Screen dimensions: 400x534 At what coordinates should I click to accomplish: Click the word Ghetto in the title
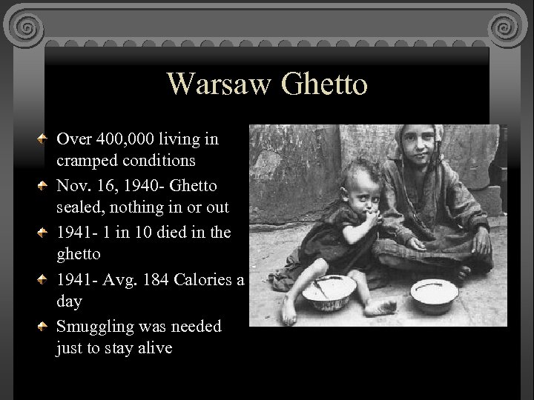pyautogui.click(x=324, y=84)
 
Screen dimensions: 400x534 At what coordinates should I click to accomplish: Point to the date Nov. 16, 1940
pyautogui.click(x=113, y=184)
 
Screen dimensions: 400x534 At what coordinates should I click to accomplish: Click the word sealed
pyautogui.click(x=79, y=207)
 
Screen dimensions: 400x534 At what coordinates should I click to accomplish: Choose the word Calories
pyautogui.click(x=204, y=279)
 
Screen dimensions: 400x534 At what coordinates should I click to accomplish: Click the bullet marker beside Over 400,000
pyautogui.click(x=45, y=139)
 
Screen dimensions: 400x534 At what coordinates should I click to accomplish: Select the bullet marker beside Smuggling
pyautogui.click(x=45, y=326)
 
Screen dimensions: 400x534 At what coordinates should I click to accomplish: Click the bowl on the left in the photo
pyautogui.click(x=329, y=290)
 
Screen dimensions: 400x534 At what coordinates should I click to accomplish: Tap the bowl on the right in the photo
pyautogui.click(x=434, y=293)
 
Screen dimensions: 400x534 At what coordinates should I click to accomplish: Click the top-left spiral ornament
pyautogui.click(x=27, y=28)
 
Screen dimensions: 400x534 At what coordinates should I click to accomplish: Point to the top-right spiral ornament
pyautogui.click(x=507, y=28)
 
